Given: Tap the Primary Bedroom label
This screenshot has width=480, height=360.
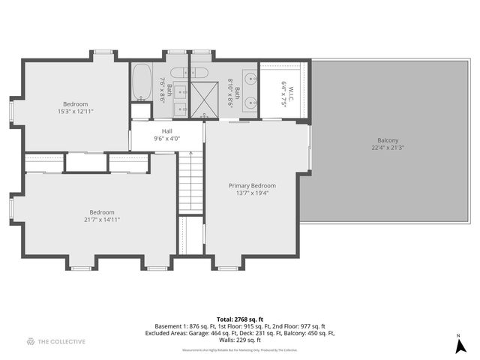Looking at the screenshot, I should point(252,185).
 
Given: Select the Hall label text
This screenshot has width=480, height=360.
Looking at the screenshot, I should point(167,130).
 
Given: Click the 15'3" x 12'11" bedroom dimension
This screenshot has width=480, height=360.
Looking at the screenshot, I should point(75,111).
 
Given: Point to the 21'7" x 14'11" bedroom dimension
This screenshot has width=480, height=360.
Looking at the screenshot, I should point(102,220).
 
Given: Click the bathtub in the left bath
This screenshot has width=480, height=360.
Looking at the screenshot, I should point(142,83).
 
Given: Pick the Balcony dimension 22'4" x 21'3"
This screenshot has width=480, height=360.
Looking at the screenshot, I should point(388,148).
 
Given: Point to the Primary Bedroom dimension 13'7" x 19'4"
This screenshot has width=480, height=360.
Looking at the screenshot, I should point(252,193).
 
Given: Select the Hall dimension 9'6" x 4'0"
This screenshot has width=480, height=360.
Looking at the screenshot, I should point(167,138).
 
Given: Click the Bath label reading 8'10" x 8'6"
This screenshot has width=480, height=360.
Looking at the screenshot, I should point(234,95).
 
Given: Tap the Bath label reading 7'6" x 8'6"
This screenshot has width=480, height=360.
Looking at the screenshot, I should point(166,91).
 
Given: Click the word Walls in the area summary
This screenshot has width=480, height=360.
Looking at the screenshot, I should point(226,340).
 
